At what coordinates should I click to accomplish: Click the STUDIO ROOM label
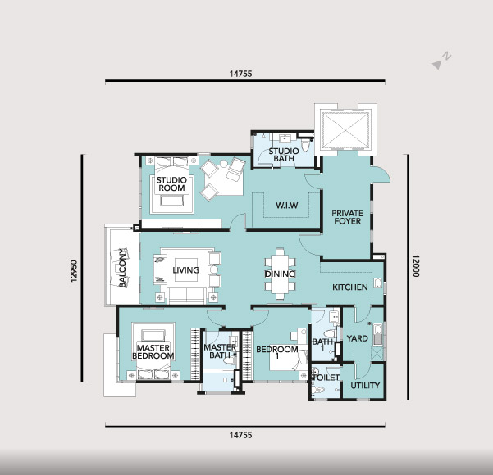[171, 184]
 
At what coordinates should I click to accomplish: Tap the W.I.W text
[287, 206]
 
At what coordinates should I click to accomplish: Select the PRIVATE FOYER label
[348, 217]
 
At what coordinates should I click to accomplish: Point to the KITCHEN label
[350, 287]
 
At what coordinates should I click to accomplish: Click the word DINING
[280, 274]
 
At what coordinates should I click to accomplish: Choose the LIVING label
[186, 270]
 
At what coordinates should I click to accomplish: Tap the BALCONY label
[122, 268]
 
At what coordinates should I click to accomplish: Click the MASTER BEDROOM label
[153, 352]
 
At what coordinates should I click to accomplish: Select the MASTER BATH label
[220, 351]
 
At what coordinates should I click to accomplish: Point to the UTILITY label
[365, 386]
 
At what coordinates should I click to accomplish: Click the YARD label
[357, 338]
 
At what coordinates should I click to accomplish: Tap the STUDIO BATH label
[284, 155]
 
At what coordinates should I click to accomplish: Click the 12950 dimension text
[74, 271]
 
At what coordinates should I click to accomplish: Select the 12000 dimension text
[416, 265]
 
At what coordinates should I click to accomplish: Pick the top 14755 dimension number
[240, 74]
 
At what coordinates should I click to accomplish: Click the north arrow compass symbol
[442, 61]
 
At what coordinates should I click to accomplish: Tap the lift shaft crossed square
[345, 130]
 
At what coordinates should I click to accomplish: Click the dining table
[280, 274]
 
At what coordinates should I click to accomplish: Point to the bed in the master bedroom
[153, 351]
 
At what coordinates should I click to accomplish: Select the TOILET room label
[326, 378]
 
